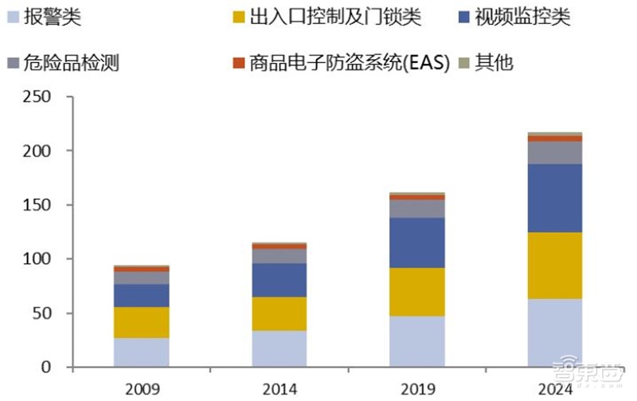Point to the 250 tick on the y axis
37,96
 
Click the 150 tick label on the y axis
37,205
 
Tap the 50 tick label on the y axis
41,313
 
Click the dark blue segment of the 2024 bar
554,198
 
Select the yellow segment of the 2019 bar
417,292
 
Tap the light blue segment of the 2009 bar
142,352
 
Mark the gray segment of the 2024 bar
554,152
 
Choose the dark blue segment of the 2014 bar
279,280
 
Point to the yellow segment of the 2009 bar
142,322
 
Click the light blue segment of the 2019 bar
417,341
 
